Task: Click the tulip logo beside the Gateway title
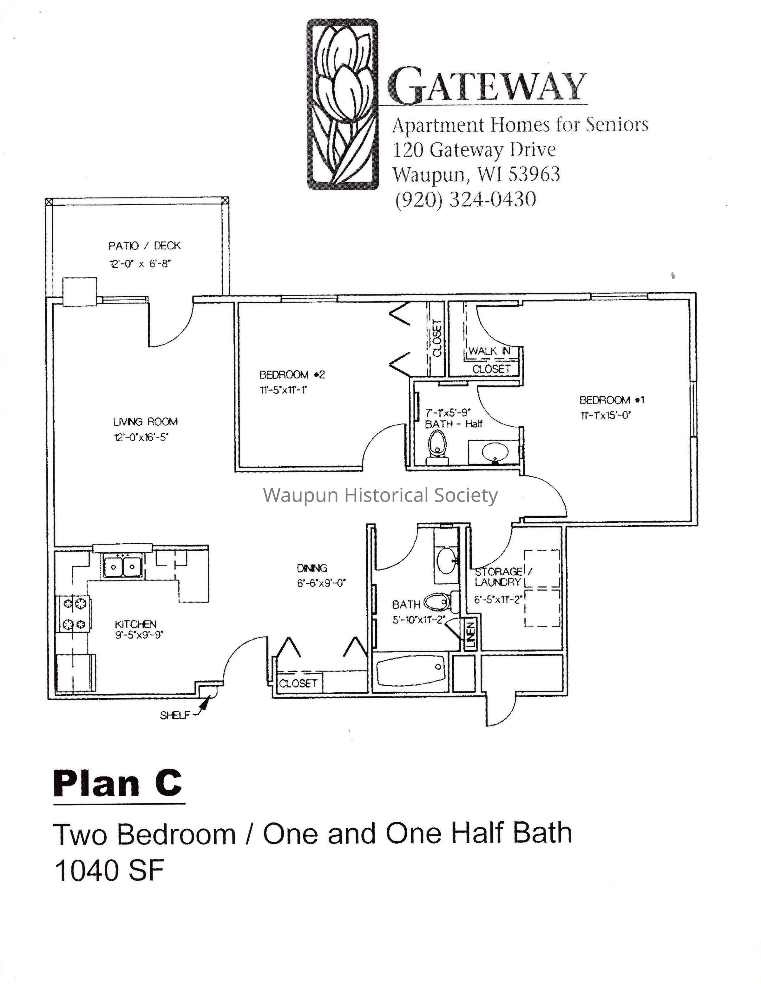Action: point(342,104)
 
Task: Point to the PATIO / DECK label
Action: point(144,246)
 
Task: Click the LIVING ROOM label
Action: point(145,422)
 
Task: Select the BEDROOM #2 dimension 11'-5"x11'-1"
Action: point(283,390)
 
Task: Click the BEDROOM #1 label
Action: point(612,400)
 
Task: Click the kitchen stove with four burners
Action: point(73,613)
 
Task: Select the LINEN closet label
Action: point(470,635)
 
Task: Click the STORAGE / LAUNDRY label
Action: point(503,577)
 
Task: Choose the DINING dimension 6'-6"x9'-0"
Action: point(321,583)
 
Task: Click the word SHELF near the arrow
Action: point(174,715)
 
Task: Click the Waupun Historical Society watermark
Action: point(381,495)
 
